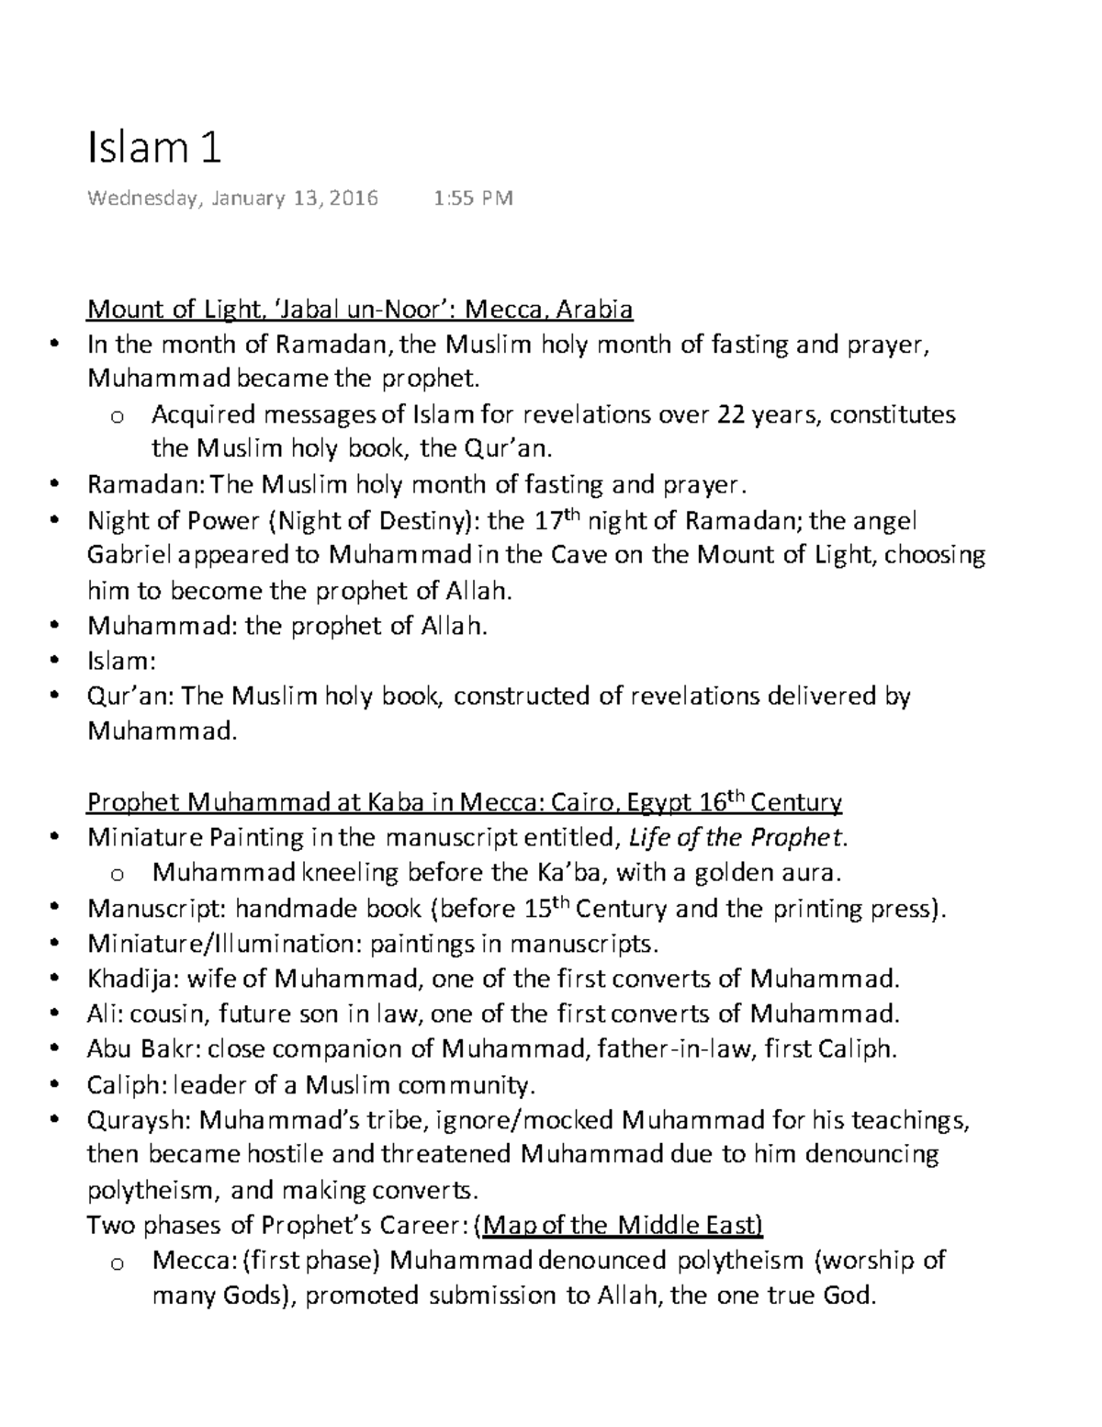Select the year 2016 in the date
point(354,198)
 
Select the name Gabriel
point(128,557)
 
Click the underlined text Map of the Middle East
point(623,1226)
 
